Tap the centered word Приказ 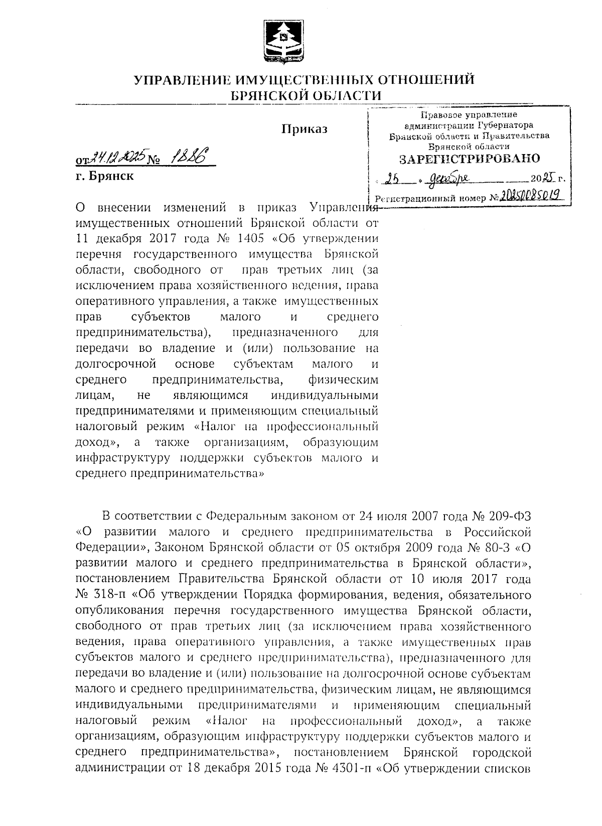click(x=304, y=129)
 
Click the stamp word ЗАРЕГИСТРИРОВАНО click(x=470, y=159)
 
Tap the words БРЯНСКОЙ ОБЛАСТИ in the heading click(x=305, y=95)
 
